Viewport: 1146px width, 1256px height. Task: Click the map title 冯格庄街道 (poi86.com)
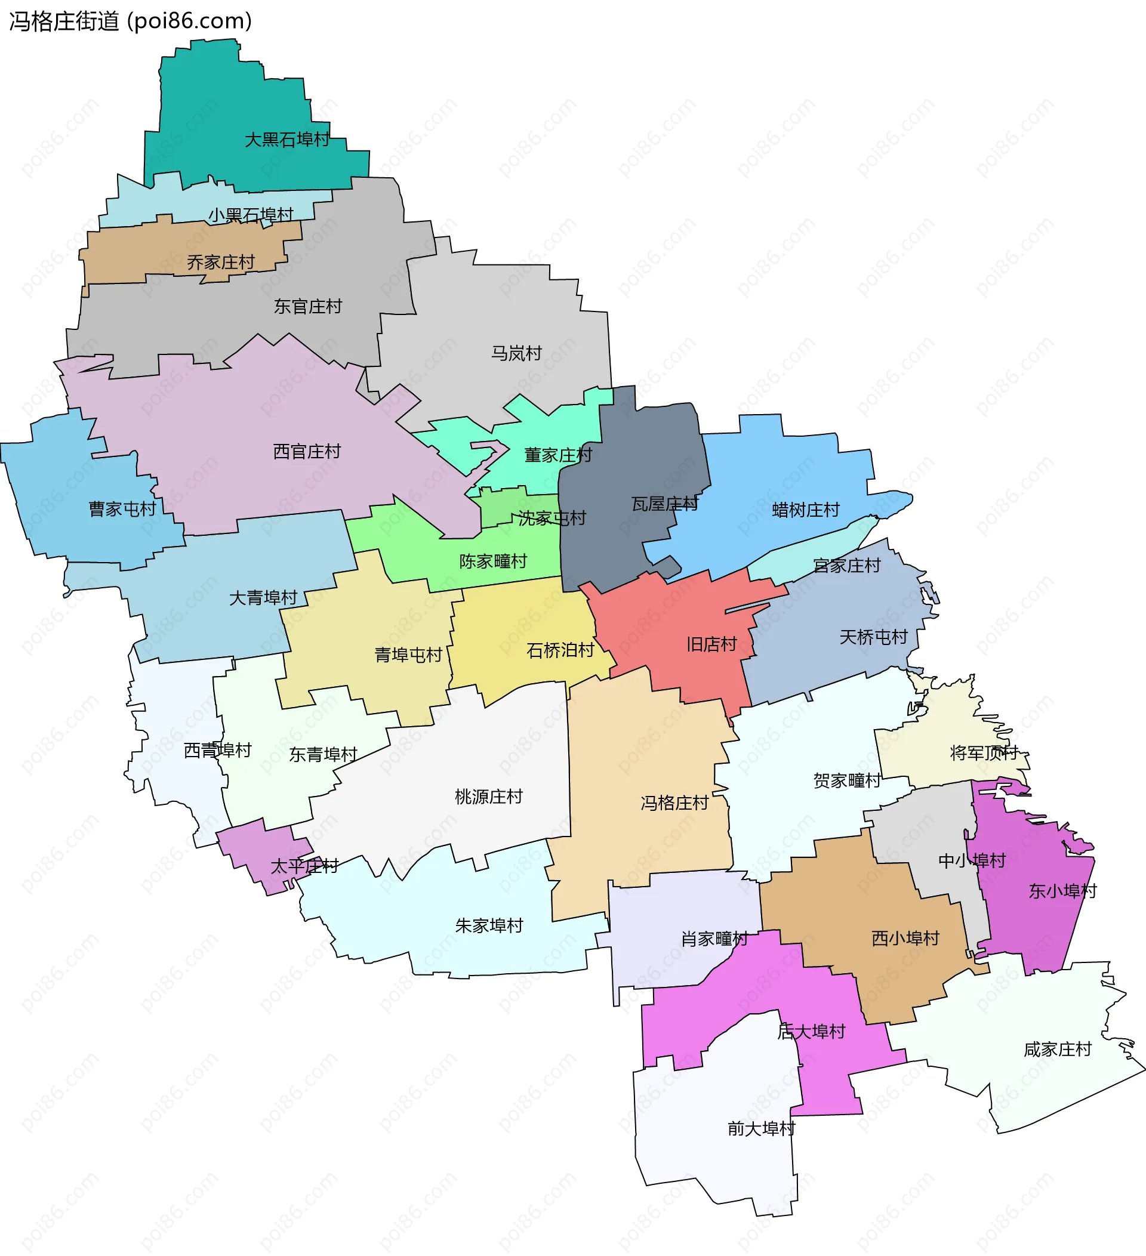(x=130, y=21)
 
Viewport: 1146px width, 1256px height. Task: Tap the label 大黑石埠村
(x=286, y=140)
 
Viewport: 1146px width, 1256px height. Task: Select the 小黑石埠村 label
(x=251, y=215)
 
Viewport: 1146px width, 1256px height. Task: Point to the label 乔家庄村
(x=221, y=263)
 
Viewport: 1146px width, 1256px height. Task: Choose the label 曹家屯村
(x=122, y=509)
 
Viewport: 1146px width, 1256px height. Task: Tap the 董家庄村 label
(x=557, y=455)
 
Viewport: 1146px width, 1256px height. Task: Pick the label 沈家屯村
(x=552, y=518)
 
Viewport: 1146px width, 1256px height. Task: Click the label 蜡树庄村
(x=806, y=510)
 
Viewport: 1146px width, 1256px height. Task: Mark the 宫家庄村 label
(x=847, y=565)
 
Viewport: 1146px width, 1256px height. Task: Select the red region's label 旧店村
(x=711, y=644)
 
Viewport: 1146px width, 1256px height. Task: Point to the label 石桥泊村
(x=560, y=650)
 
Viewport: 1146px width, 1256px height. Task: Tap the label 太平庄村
(x=304, y=866)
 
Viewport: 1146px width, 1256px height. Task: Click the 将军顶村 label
(x=984, y=752)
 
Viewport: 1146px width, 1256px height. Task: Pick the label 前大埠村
(x=762, y=1128)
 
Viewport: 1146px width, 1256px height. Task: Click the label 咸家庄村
(x=1058, y=1049)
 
